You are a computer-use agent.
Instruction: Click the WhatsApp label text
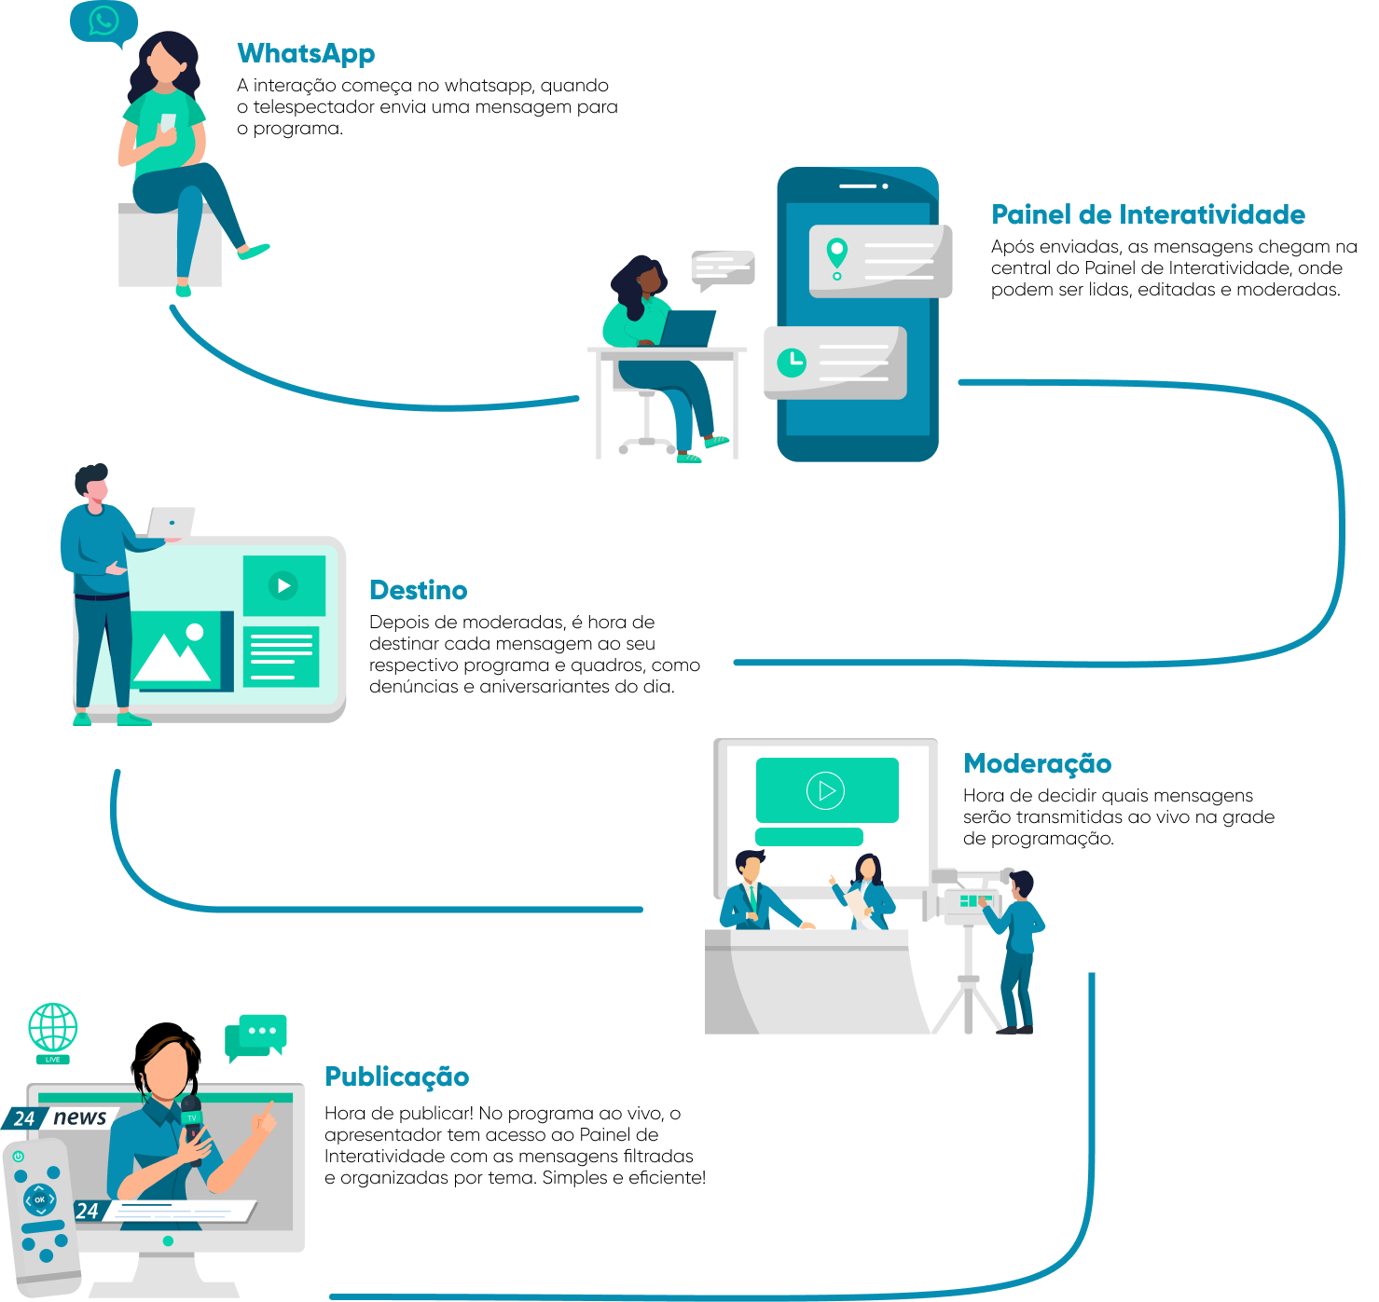pyautogui.click(x=306, y=53)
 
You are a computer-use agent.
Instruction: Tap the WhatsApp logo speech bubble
pyautogui.click(x=103, y=21)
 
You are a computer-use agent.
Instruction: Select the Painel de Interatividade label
pyautogui.click(x=1148, y=214)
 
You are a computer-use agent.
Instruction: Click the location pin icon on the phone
pyautogui.click(x=837, y=254)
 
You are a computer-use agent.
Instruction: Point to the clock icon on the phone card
pyautogui.click(x=792, y=363)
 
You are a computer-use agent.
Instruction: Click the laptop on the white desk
pyautogui.click(x=688, y=328)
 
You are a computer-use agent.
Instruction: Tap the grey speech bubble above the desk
pyautogui.click(x=723, y=268)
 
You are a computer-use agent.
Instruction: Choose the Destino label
pyautogui.click(x=418, y=590)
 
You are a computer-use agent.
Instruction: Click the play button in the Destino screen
pyautogui.click(x=283, y=585)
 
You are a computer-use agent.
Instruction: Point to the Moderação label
pyautogui.click(x=1037, y=763)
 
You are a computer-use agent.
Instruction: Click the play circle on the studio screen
pyautogui.click(x=825, y=790)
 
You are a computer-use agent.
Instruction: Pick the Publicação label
pyautogui.click(x=396, y=1076)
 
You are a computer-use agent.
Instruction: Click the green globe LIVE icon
pyautogui.click(x=53, y=1029)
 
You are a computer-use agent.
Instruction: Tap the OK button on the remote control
pyautogui.click(x=39, y=1199)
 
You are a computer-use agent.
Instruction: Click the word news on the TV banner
pyautogui.click(x=80, y=1117)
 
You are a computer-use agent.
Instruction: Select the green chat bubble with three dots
pyautogui.click(x=259, y=1033)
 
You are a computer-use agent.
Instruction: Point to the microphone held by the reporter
pyautogui.click(x=192, y=1118)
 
